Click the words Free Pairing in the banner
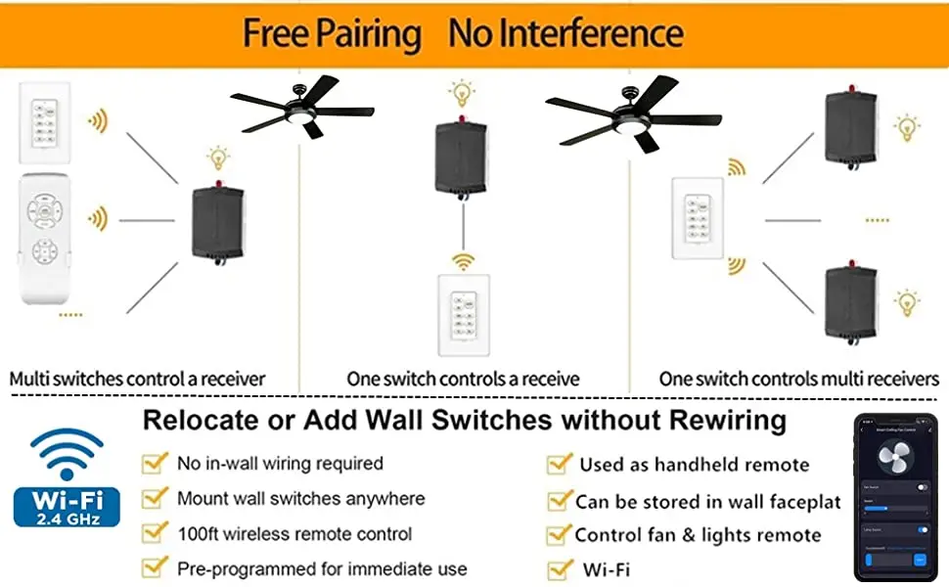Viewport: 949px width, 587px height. point(332,33)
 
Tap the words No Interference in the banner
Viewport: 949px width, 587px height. point(565,33)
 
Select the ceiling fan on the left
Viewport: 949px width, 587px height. point(302,108)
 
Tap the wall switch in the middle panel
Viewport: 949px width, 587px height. point(462,314)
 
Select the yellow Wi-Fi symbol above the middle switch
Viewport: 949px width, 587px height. point(461,261)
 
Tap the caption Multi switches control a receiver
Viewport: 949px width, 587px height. point(137,379)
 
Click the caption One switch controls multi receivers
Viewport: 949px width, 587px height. point(798,379)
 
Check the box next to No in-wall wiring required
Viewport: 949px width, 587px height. point(155,463)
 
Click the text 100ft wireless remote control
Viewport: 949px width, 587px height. point(294,534)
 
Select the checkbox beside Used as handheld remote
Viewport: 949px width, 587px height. point(560,464)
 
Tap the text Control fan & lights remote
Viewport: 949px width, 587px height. point(698,535)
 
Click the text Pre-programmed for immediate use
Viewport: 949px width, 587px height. point(322,568)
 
